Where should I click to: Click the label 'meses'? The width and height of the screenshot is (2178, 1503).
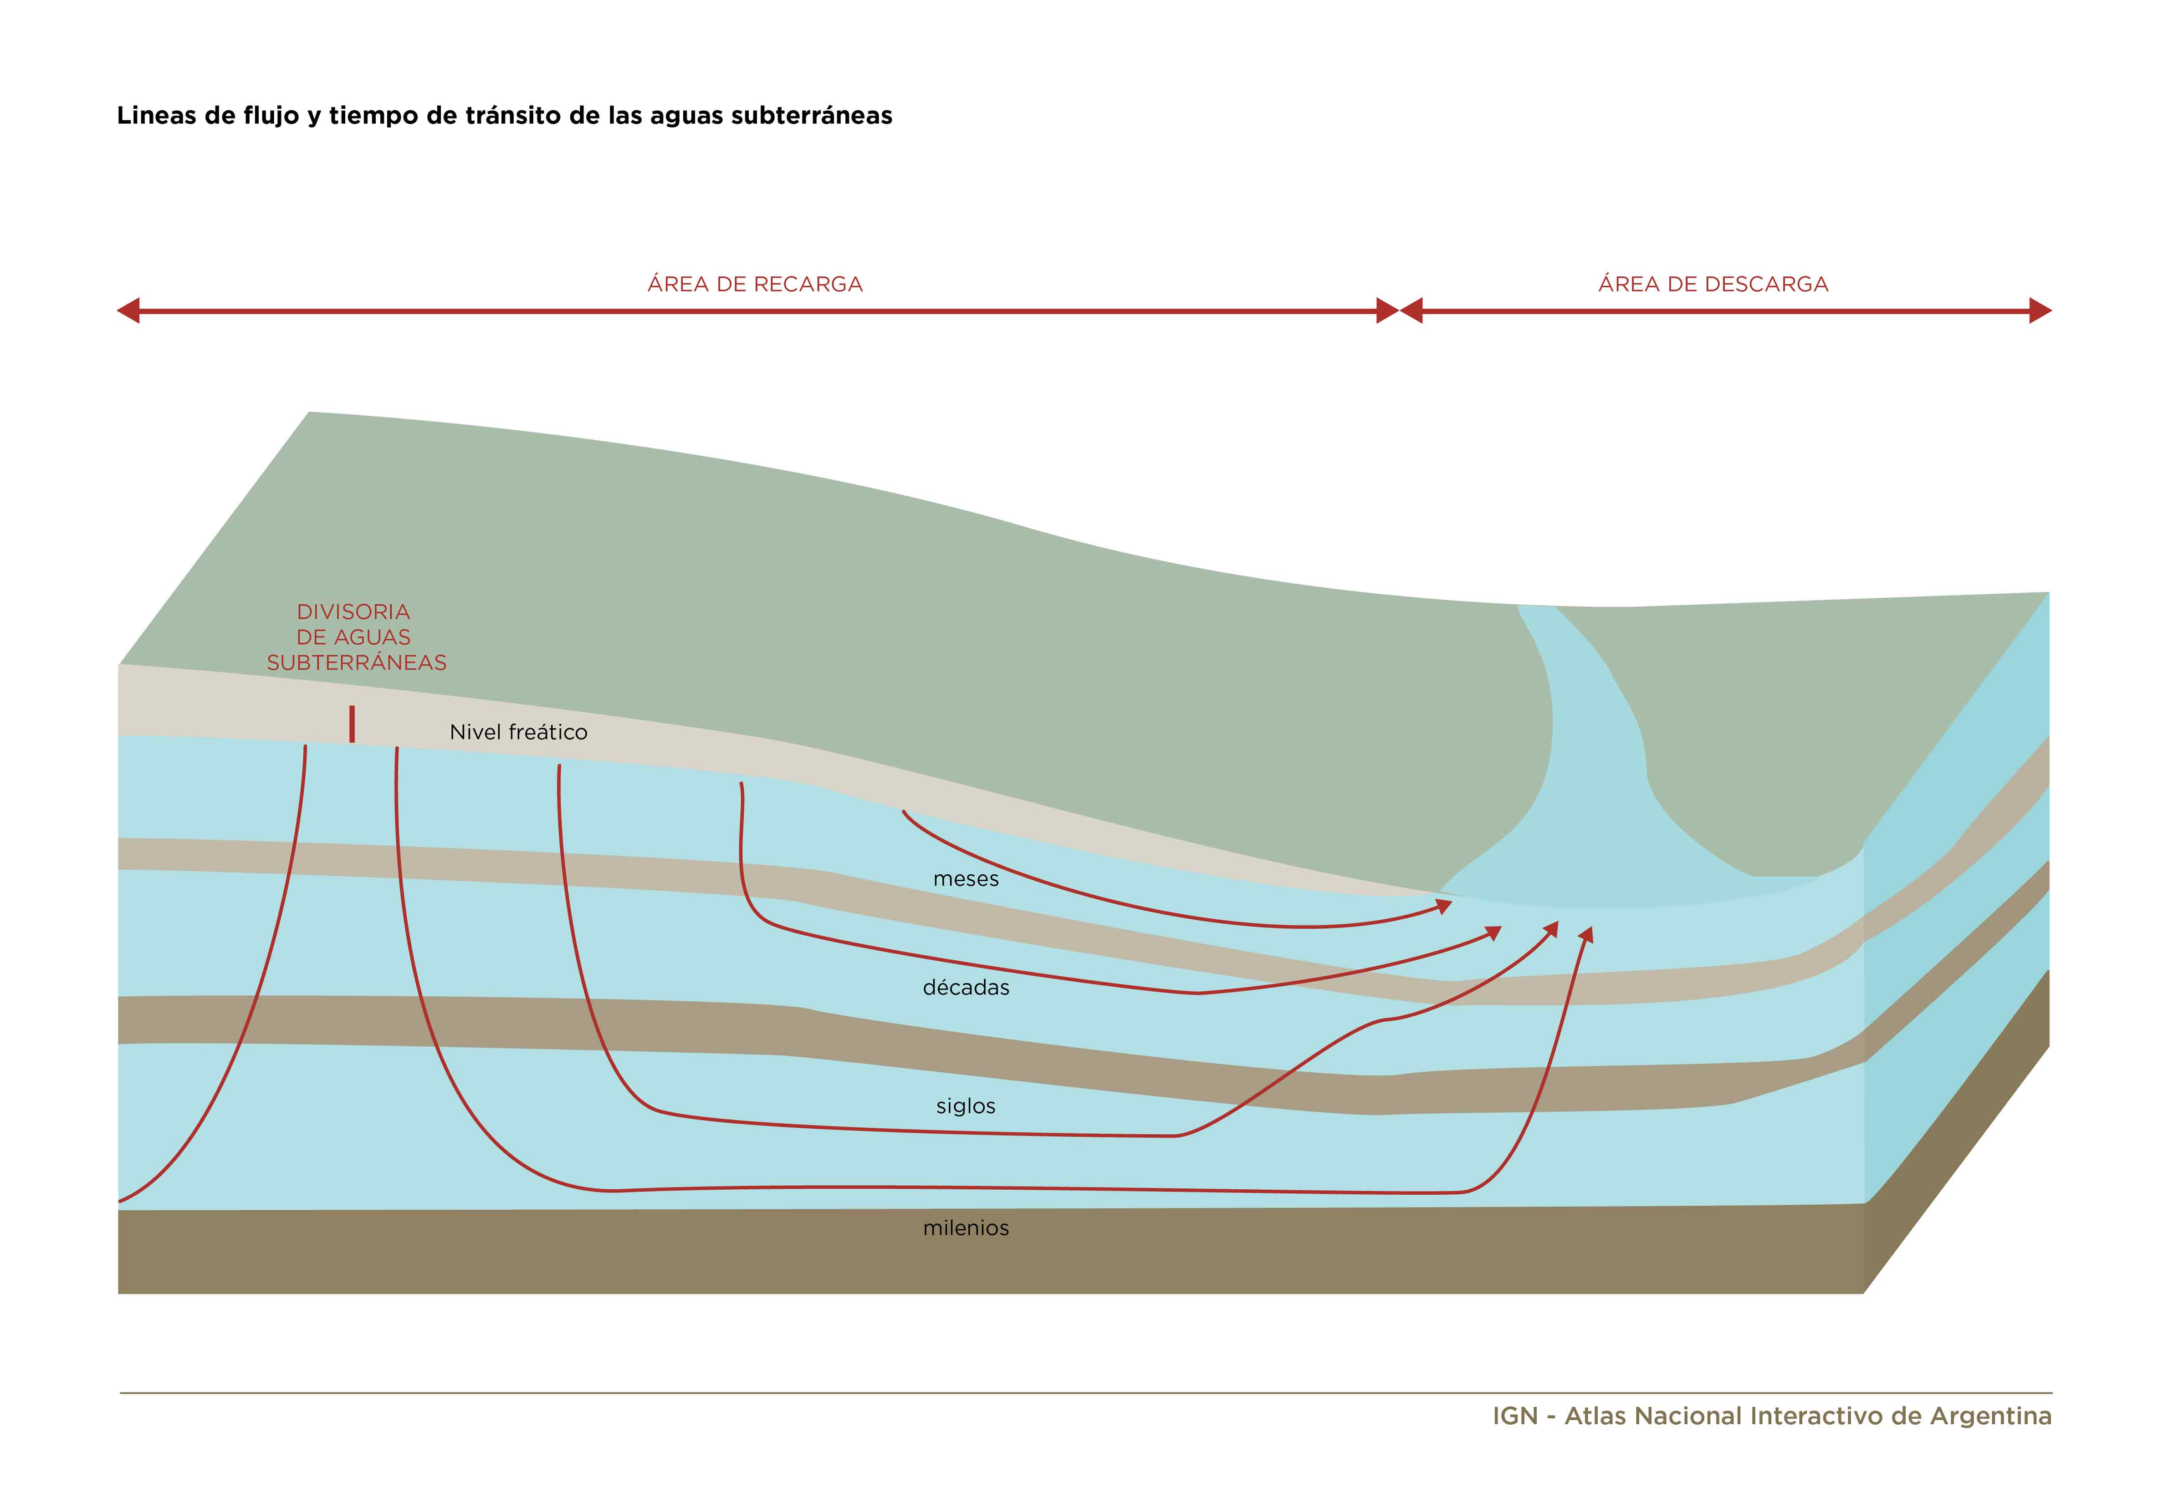(966, 879)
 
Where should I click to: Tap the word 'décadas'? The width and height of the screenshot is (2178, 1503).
(966, 987)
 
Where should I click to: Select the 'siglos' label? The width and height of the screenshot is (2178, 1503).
(966, 1106)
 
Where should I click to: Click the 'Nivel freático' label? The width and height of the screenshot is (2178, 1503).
(518, 732)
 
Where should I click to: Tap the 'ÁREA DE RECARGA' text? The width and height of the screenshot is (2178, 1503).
(755, 284)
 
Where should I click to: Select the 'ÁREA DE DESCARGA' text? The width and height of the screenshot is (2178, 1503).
(1713, 284)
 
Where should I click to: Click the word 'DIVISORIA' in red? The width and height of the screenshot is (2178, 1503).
(353, 611)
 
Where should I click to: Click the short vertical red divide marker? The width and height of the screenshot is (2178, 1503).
(353, 724)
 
